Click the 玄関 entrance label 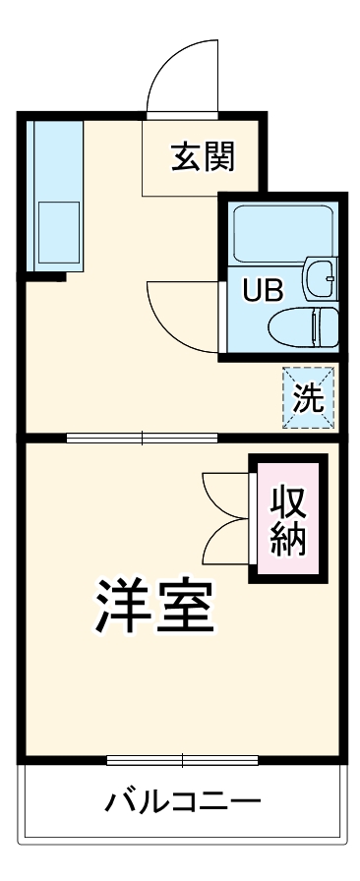pyautogui.click(x=204, y=156)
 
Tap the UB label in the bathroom pyautogui.click(x=263, y=291)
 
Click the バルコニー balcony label pyautogui.click(x=183, y=801)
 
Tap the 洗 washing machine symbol pyautogui.click(x=309, y=397)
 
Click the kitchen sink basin pyautogui.click(x=57, y=233)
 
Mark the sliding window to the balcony pyautogui.click(x=182, y=759)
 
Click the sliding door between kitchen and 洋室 pyautogui.click(x=142, y=438)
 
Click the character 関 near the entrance pyautogui.click(x=219, y=156)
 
